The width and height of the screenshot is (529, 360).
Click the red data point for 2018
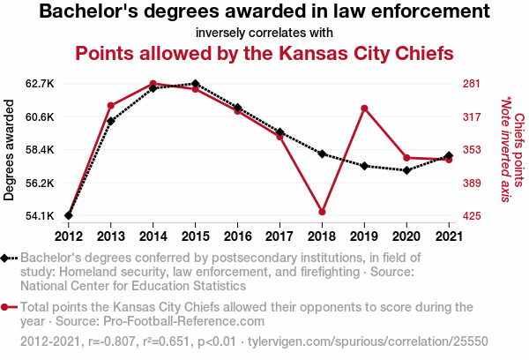pyautogui.click(x=323, y=212)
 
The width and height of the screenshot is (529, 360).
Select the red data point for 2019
pyautogui.click(x=365, y=109)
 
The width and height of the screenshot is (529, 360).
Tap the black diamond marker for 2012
pyautogui.click(x=68, y=215)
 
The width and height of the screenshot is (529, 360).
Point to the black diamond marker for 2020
pyautogui.click(x=406, y=170)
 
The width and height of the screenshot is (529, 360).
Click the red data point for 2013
pyautogui.click(x=110, y=106)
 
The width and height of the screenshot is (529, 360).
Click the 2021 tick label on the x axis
pyautogui.click(x=449, y=236)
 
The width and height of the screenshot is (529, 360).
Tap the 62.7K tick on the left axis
pyautogui.click(x=41, y=84)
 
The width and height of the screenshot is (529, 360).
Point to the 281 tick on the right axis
pyautogui.click(x=471, y=84)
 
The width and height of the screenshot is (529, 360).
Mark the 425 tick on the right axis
pyautogui.click(x=471, y=216)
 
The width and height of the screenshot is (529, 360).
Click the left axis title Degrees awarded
pyautogui.click(x=10, y=150)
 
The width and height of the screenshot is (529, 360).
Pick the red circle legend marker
pyautogui.click(x=9, y=307)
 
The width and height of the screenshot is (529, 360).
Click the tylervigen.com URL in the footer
pyautogui.click(x=367, y=341)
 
